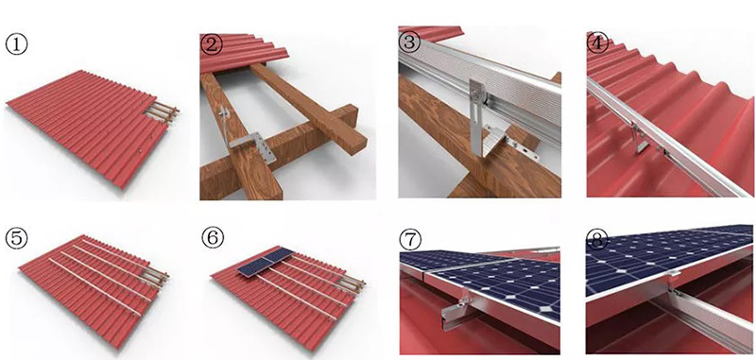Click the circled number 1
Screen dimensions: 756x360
[x=16, y=44]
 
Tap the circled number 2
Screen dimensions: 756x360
[x=211, y=43]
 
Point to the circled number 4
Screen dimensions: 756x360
[x=598, y=43]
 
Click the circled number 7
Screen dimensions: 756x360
[x=410, y=241]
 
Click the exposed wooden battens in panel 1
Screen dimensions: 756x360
[x=162, y=113]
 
